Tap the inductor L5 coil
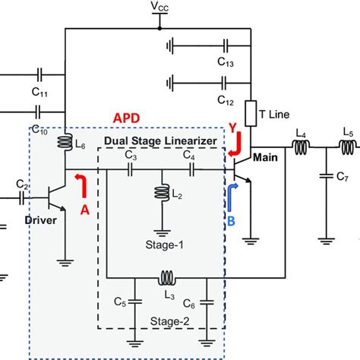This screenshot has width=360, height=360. tap(347, 147)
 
